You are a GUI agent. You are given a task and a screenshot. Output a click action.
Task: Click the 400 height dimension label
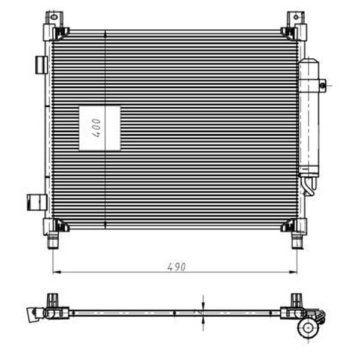pos(96,128)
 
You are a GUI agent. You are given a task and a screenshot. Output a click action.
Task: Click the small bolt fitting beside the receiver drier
pos(323,86)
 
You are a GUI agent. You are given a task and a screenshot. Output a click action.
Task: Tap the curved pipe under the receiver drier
pos(310,186)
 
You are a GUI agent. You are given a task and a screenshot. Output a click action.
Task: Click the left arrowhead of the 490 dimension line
pos(56,272)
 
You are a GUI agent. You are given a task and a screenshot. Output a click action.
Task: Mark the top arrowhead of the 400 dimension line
pos(106,32)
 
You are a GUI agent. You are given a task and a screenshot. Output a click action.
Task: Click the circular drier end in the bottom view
pos(308,327)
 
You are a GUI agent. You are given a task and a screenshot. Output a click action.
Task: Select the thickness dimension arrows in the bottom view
pos(203,312)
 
